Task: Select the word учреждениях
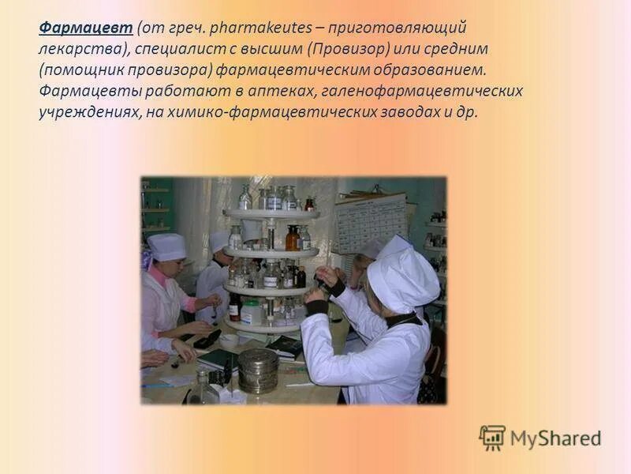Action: (88, 111)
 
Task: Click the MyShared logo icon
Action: (491, 437)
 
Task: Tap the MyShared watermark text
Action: (554, 438)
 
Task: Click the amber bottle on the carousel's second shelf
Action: (292, 238)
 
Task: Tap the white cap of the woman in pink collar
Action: (167, 247)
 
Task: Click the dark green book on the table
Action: (217, 359)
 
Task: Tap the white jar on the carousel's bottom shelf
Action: (251, 313)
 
